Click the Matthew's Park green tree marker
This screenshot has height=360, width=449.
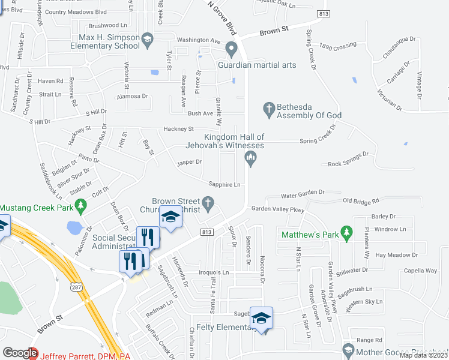346,232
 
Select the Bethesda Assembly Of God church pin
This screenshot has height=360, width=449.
269,109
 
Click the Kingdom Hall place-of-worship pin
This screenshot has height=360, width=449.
251,158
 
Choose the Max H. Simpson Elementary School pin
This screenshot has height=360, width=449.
146,40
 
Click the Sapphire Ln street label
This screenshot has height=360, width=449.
224,185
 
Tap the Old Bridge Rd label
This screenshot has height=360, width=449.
361,202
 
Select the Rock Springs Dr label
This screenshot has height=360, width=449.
348,159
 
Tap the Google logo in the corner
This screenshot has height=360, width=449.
20,353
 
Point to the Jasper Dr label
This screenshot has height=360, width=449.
190,162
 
